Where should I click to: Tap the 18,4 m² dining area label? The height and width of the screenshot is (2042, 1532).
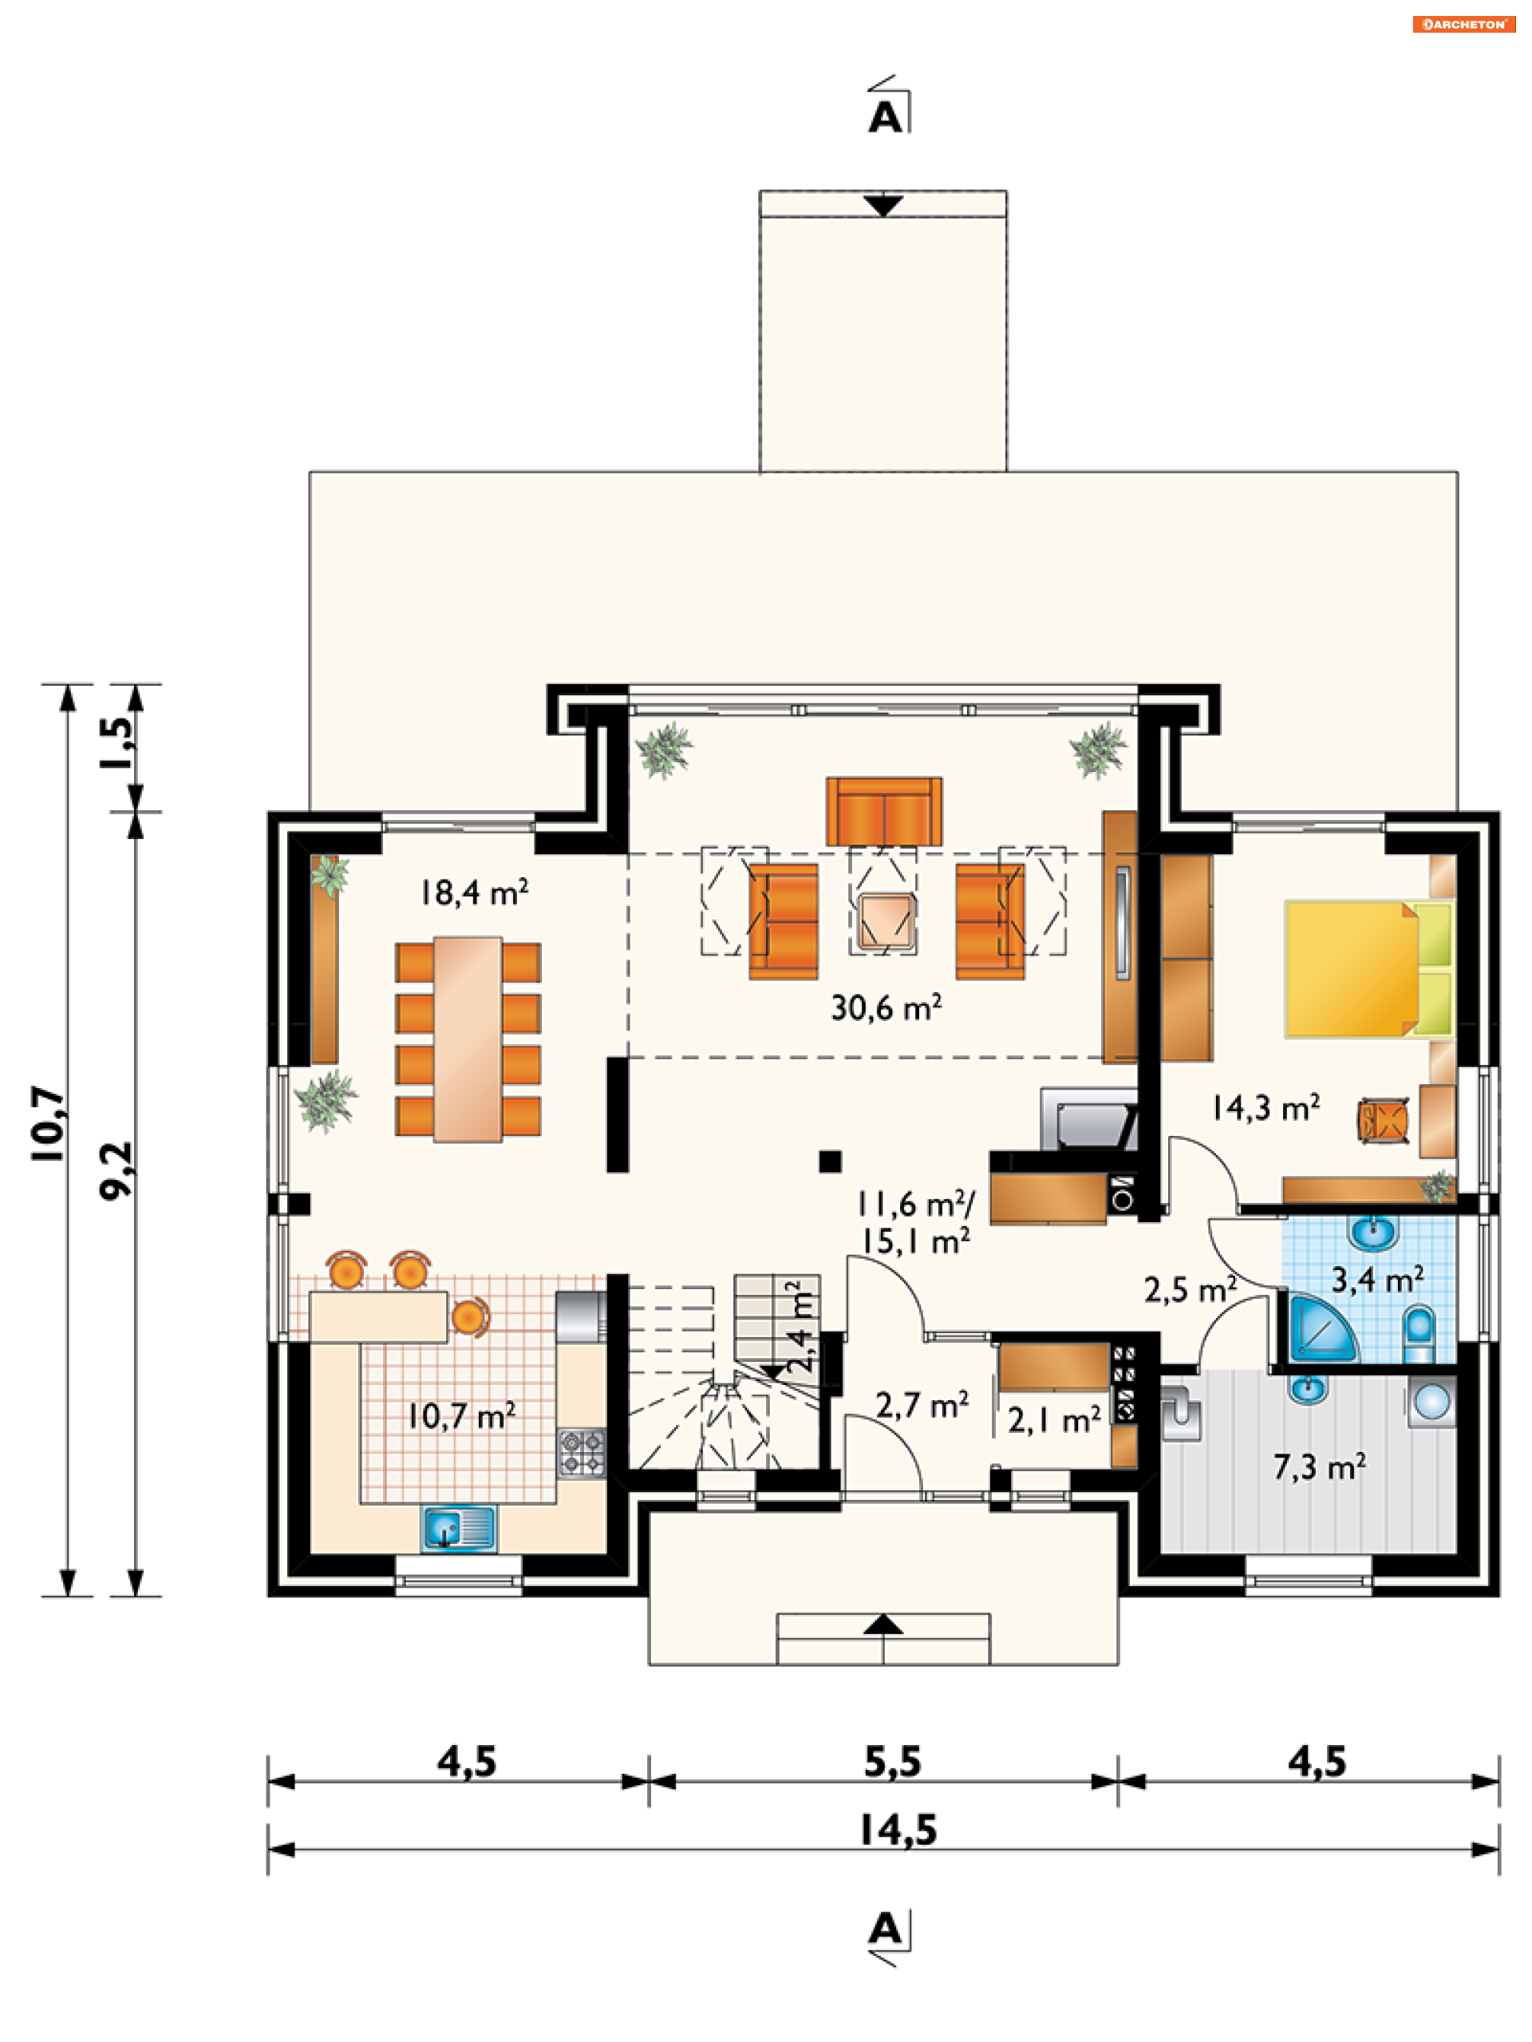[x=473, y=892]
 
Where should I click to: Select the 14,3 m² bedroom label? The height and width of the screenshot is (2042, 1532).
[x=1265, y=1107]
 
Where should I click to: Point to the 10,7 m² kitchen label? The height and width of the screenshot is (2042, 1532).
[x=461, y=1415]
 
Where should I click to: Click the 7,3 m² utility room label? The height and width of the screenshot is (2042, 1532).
[x=1319, y=1466]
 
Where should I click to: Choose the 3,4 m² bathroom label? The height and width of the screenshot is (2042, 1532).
[x=1376, y=1280]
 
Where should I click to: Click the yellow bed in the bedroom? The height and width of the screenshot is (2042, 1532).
[x=1351, y=969]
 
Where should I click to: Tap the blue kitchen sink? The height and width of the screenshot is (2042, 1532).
[x=459, y=1528]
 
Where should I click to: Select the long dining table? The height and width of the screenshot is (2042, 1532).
[x=468, y=1039]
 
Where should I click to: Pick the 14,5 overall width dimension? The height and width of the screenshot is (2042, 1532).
[x=897, y=1830]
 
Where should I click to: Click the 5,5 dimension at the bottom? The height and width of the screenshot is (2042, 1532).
[x=891, y=1761]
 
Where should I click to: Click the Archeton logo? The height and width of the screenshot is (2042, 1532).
[x=1463, y=25]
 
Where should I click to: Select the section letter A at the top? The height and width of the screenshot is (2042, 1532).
[x=885, y=118]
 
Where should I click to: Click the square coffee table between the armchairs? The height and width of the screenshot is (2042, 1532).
[x=884, y=921]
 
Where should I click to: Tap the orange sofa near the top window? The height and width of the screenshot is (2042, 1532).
[x=883, y=811]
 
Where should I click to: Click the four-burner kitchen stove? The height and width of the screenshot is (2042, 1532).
[x=582, y=1452]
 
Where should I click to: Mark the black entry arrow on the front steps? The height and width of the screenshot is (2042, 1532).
[x=882, y=1624]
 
